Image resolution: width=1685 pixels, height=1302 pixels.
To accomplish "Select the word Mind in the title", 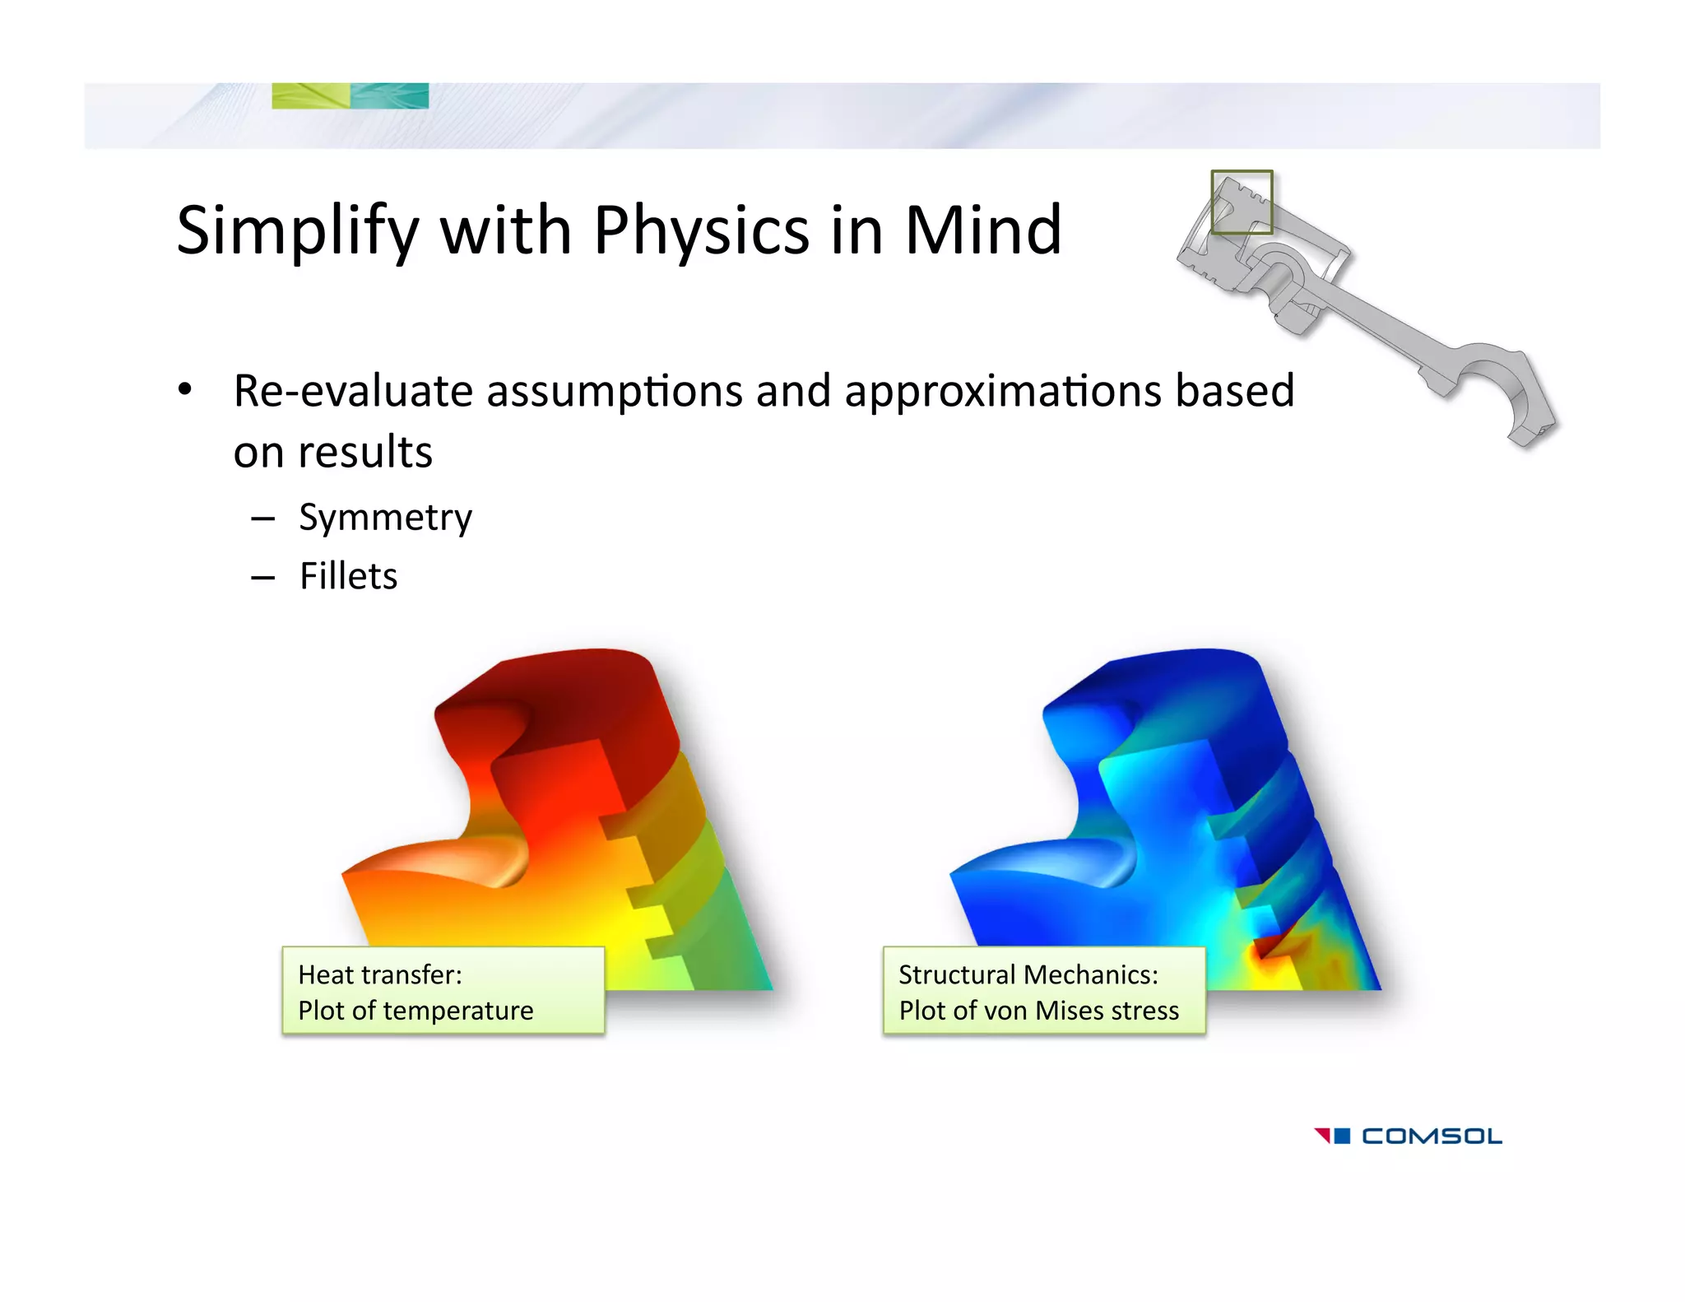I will (982, 231).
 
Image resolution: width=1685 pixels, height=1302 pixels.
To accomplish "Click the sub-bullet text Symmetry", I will (385, 518).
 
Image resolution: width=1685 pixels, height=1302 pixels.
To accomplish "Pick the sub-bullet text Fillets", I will (348, 576).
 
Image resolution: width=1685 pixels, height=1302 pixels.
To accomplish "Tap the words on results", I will (332, 452).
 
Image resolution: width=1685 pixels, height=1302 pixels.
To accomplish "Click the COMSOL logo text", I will (1432, 1137).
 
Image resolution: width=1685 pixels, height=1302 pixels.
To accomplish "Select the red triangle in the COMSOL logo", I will (1322, 1135).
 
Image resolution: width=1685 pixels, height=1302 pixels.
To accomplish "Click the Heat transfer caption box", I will (443, 991).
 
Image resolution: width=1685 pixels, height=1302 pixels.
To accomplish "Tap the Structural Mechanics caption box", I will (1043, 991).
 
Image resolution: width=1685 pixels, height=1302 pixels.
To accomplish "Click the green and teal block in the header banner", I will (350, 95).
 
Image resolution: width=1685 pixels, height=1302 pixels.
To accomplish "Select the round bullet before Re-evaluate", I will (185, 389).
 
